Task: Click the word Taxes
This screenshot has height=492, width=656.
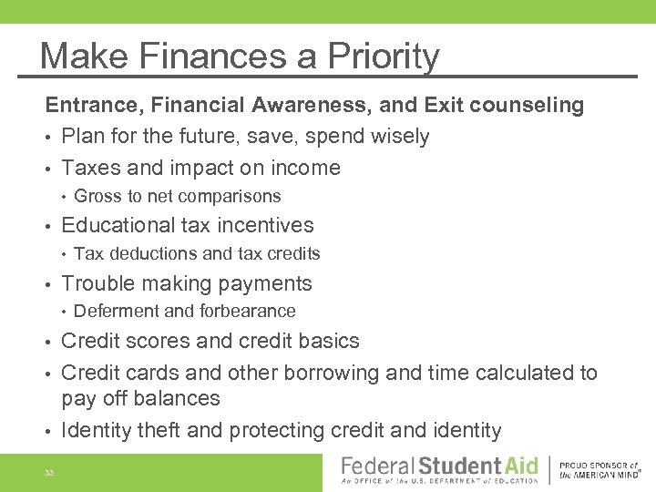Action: [89, 168]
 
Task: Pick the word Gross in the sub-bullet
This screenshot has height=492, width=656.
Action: [95, 196]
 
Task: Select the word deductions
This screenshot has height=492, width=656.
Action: [146, 253]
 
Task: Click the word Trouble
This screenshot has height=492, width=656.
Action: [96, 283]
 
